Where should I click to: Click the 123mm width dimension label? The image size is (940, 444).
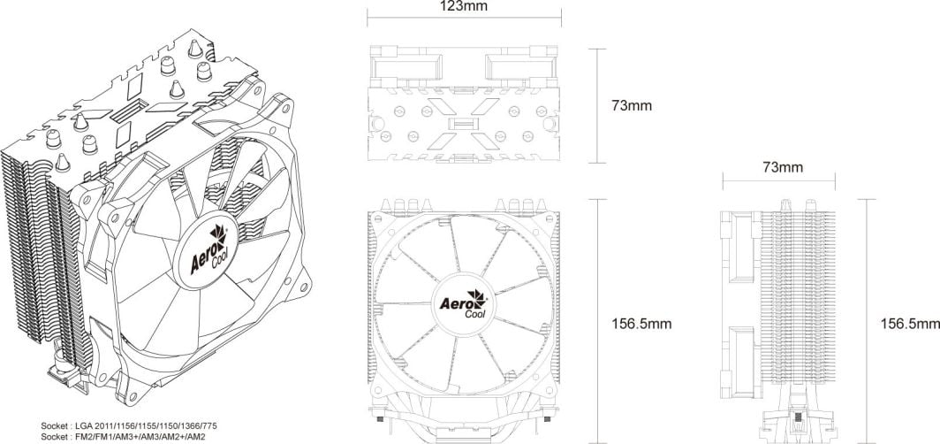(464, 7)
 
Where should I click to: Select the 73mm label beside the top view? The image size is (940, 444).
(632, 105)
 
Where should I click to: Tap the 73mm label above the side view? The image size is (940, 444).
(783, 166)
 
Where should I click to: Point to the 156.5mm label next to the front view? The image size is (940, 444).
(641, 324)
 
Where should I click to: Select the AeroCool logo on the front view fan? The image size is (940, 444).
(461, 305)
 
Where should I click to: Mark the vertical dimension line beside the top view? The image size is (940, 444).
(601, 106)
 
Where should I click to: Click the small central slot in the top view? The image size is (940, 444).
(464, 123)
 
